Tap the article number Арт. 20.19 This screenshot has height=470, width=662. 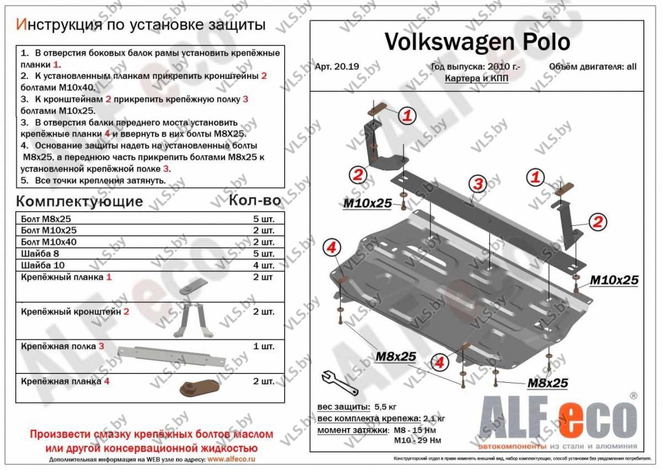click(337, 67)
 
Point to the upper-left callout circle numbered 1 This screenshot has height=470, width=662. click(406, 116)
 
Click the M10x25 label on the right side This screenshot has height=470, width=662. click(614, 280)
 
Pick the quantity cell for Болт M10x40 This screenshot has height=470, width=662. click(263, 242)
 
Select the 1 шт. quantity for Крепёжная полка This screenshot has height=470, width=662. click(263, 347)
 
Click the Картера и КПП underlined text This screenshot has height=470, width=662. click(477, 78)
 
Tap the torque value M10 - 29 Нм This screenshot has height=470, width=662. click(417, 440)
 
